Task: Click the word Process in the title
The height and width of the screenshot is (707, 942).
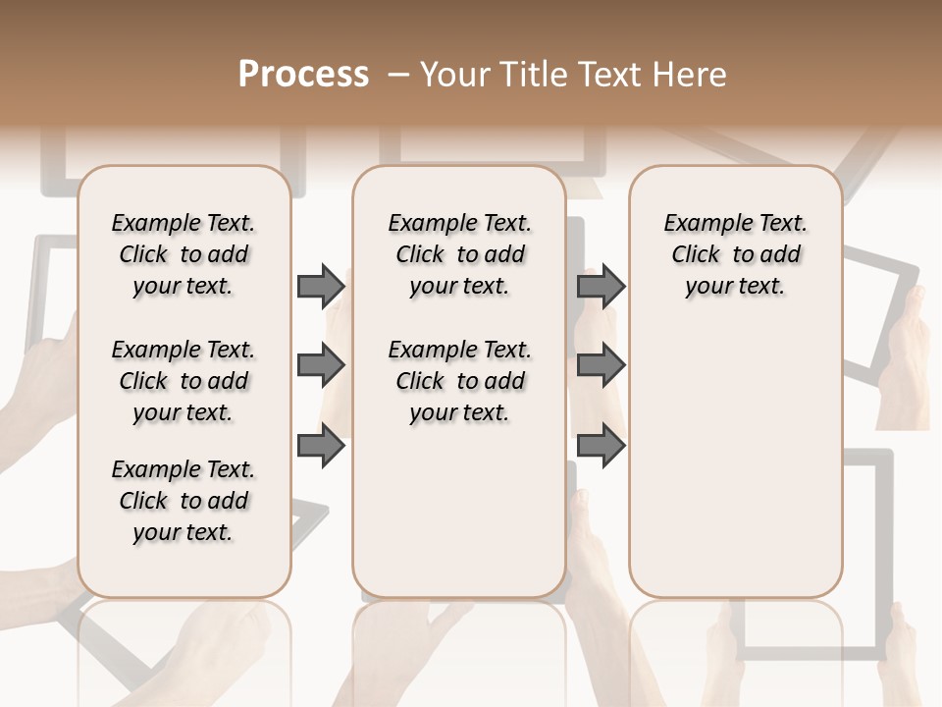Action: pyautogui.click(x=303, y=75)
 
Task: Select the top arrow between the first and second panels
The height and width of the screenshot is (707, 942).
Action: pyautogui.click(x=321, y=286)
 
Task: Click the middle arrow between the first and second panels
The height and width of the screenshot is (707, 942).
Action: pyautogui.click(x=321, y=366)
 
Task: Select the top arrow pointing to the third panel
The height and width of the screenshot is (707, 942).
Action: pyautogui.click(x=601, y=286)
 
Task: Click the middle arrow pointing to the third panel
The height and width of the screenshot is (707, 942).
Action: pyautogui.click(x=601, y=366)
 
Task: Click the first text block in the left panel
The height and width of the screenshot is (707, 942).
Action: pyautogui.click(x=183, y=254)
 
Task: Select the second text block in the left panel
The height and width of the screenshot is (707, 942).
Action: pyautogui.click(x=183, y=381)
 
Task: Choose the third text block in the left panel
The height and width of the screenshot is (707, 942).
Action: pyautogui.click(x=183, y=501)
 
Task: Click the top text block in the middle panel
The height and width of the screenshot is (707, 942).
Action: pyautogui.click(x=459, y=254)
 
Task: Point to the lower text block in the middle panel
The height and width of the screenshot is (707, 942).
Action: pyautogui.click(x=459, y=381)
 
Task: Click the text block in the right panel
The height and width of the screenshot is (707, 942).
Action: pyautogui.click(x=735, y=254)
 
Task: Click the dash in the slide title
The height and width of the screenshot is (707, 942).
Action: pyautogui.click(x=398, y=75)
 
